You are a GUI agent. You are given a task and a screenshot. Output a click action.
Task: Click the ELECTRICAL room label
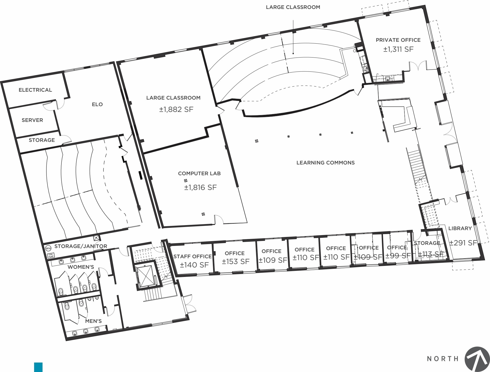[x=35, y=90]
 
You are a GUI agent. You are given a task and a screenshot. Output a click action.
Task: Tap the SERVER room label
[x=32, y=120]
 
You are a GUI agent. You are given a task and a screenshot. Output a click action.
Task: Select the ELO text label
[x=97, y=104]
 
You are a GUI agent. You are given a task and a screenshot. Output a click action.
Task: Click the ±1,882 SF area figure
[x=176, y=109]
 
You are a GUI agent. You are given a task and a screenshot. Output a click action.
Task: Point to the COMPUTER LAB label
[x=199, y=173]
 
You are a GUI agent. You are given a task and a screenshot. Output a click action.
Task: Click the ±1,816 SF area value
[x=200, y=187]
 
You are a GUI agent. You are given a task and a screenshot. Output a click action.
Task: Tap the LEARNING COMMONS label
[x=325, y=163]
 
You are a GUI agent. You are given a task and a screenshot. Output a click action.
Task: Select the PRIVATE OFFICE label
[x=398, y=40]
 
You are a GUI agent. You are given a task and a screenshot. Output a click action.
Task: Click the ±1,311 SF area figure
[x=398, y=49]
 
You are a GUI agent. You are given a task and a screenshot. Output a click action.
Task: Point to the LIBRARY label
[x=460, y=228]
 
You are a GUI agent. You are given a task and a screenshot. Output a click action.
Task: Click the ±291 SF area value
[x=463, y=243]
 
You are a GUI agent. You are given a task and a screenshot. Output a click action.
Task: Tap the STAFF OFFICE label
[x=192, y=256]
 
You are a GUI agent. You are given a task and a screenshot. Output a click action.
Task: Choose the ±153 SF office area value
[x=235, y=261]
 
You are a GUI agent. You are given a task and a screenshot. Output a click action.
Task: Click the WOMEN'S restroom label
[x=81, y=267]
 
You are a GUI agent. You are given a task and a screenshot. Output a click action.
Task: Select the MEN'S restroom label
[x=93, y=321]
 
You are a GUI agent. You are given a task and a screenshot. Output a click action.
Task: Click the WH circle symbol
[x=48, y=248]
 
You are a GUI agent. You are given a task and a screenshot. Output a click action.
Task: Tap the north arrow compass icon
[x=477, y=359]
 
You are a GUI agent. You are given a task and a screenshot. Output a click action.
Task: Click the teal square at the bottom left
[x=38, y=367]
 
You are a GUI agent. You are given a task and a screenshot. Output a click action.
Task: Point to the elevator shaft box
[x=145, y=276]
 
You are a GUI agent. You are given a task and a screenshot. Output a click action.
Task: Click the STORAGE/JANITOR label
[x=81, y=246]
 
